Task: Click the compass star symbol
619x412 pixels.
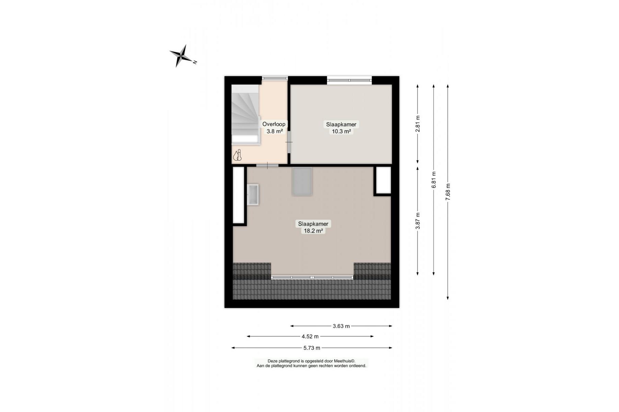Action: pos(182,56)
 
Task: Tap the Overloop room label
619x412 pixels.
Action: pos(274,124)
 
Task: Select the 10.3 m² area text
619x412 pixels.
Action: pos(341,131)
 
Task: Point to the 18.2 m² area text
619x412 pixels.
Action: pos(313,231)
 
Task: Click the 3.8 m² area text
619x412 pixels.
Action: pos(275,131)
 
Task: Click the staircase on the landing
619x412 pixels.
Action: pos(245,115)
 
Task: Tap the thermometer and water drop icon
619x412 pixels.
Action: pos(238,156)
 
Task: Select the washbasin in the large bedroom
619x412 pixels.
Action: pos(253,195)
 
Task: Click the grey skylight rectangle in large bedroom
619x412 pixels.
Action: pos(302,181)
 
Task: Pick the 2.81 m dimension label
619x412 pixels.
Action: pos(418,124)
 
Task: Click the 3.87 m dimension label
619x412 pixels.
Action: pos(418,221)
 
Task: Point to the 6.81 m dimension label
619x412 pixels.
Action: pos(434,180)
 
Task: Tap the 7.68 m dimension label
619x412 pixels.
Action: pos(448,192)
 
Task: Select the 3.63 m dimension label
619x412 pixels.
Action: pos(341,326)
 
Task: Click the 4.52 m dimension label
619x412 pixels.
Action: pos(310,336)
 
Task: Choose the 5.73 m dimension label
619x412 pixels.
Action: pos(312,348)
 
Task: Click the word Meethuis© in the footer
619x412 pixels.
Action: pos(344,361)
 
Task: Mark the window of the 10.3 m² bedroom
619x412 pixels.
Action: pos(349,80)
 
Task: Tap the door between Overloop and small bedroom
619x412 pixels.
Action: pos(289,141)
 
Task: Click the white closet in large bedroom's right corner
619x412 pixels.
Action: pos(383,180)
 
